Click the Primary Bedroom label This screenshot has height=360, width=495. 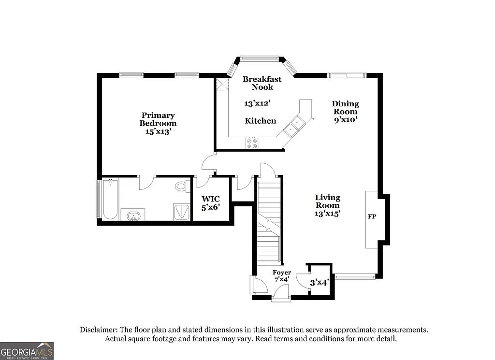[x=158, y=119]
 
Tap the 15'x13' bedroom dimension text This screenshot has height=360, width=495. [x=158, y=131]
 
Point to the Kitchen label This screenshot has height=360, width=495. [x=261, y=121]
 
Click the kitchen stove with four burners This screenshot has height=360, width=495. [x=252, y=142]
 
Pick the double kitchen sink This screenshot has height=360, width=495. [x=293, y=127]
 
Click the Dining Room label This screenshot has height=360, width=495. [x=345, y=107]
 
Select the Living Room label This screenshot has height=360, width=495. [x=328, y=201]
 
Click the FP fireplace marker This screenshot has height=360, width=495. [x=372, y=216]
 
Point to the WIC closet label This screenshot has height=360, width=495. [x=211, y=199]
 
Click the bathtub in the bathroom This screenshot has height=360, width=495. [x=110, y=200]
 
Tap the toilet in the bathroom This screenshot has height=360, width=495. [x=181, y=186]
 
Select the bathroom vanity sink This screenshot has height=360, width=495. [x=132, y=216]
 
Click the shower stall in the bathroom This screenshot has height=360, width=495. [x=181, y=212]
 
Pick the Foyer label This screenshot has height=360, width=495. [x=282, y=273]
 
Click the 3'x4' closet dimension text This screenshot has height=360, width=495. [x=320, y=283]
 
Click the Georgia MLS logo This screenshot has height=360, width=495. [x=27, y=351]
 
